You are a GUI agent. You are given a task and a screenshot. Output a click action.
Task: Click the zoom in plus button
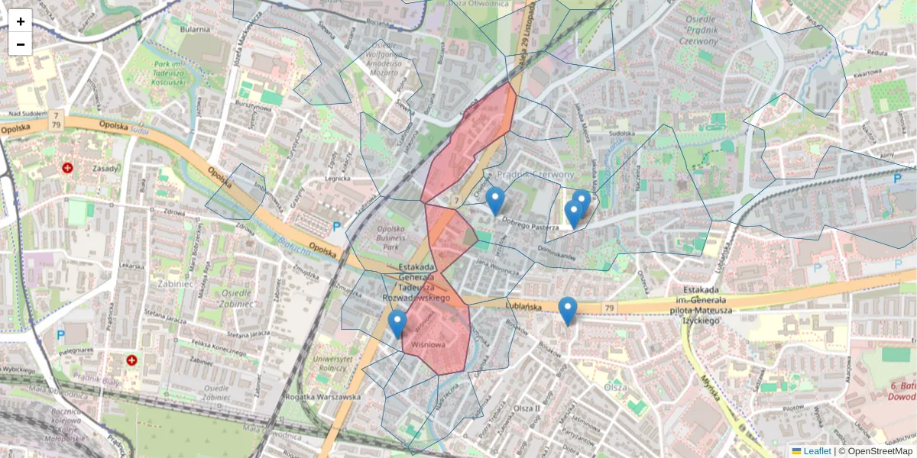pyautogui.click(x=21, y=21)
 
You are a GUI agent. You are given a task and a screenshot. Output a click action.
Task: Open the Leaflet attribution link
pyautogui.click(x=817, y=451)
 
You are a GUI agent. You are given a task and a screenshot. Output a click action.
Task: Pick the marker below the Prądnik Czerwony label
pyautogui.click(x=495, y=201)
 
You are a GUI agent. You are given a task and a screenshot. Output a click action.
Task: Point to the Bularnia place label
pyautogui.click(x=195, y=29)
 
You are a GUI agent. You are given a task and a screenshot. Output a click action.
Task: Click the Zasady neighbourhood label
pyautogui.click(x=105, y=169)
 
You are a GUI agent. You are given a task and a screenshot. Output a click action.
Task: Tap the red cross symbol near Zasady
pyautogui.click(x=68, y=167)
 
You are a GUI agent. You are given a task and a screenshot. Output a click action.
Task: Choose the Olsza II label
pyautogui.click(x=527, y=408)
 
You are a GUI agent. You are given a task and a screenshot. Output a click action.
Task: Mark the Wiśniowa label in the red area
pyautogui.click(x=428, y=344)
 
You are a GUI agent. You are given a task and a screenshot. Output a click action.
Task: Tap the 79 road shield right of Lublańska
pyautogui.click(x=608, y=308)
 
